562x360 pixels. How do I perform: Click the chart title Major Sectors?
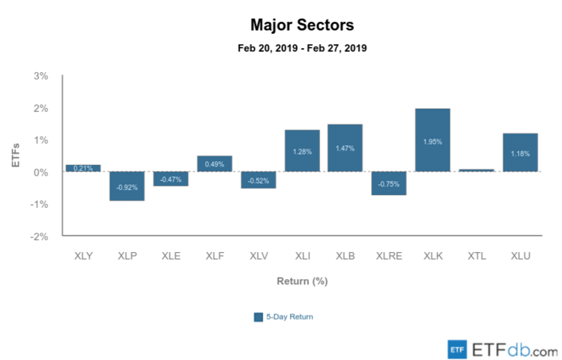(x=303, y=25)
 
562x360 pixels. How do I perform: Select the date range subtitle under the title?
(x=303, y=48)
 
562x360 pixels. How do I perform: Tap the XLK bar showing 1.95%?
(x=433, y=140)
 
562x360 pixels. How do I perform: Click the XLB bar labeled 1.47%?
(x=345, y=148)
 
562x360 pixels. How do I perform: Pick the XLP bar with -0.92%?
(x=127, y=186)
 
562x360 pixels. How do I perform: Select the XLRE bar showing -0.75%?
(x=390, y=183)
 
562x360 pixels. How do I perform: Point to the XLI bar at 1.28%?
(x=302, y=151)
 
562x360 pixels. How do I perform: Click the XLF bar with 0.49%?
(x=214, y=163)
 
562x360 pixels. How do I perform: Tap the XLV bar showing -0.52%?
(x=258, y=180)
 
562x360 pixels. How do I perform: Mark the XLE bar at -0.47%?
(x=171, y=178)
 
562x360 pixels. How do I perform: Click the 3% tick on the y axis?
(x=41, y=76)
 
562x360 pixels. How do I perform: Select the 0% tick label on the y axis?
(x=41, y=172)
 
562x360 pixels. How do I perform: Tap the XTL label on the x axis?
(x=477, y=256)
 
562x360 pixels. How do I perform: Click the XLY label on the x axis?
(x=83, y=256)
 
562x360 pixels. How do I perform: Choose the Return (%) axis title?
(x=302, y=281)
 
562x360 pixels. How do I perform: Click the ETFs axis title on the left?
(x=15, y=156)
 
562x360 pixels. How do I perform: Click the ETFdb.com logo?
(x=502, y=349)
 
